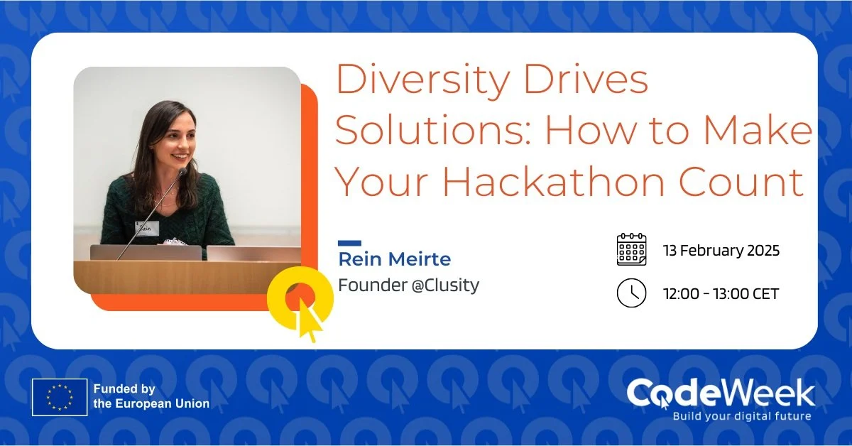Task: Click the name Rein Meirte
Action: point(394,259)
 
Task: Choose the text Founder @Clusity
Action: point(408,285)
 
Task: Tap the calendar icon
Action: point(631,249)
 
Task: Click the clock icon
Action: point(631,293)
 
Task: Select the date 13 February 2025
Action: point(721,251)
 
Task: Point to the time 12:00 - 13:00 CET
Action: point(721,293)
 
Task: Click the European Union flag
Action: point(60,397)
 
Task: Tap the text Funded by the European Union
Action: point(151,396)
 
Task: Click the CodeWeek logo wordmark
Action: point(721,393)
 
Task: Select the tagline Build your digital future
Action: point(741,416)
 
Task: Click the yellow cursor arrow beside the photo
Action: point(310,320)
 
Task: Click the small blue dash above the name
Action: point(349,243)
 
